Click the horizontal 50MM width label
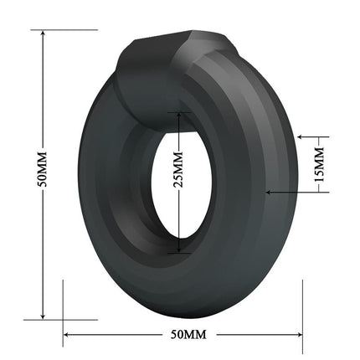(188, 334)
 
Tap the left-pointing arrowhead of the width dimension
(67, 334)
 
